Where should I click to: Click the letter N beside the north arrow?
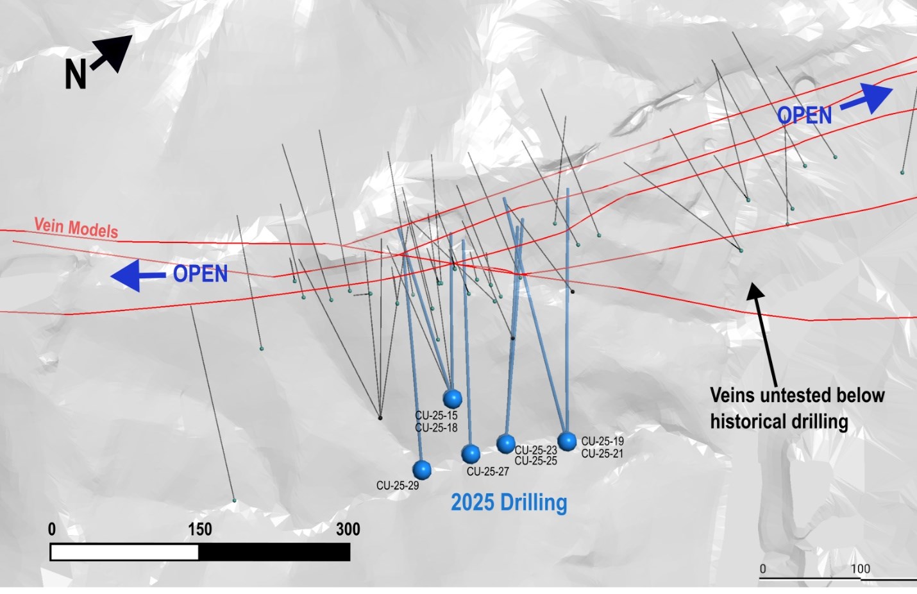click(x=75, y=74)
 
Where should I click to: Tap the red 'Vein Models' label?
click(x=76, y=228)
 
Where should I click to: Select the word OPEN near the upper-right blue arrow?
click(x=804, y=116)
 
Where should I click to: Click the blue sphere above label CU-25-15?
click(x=453, y=398)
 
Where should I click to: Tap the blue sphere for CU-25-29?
click(x=421, y=470)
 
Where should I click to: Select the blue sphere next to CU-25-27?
click(x=471, y=454)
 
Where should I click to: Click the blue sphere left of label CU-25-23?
click(x=506, y=443)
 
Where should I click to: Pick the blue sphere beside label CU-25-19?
click(x=567, y=441)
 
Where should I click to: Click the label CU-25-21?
click(x=602, y=454)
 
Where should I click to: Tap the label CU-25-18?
click(x=436, y=428)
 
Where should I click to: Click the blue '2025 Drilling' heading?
click(x=509, y=502)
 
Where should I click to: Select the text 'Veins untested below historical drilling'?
click(x=797, y=408)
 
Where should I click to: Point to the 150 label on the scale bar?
click(x=199, y=529)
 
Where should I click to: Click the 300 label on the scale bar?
click(x=348, y=529)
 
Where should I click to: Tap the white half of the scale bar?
click(x=124, y=552)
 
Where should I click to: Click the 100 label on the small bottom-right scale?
click(x=860, y=569)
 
